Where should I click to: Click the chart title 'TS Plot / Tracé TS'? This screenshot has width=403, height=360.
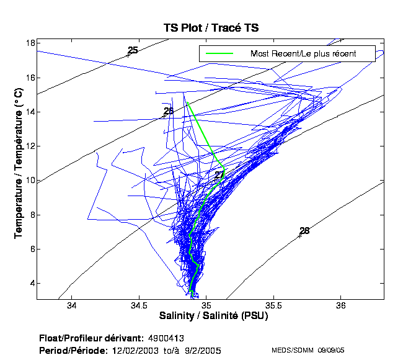pos(211,28)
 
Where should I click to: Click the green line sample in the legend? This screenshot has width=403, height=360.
pos(219,53)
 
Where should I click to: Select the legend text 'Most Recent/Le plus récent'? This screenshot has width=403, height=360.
pos(303,53)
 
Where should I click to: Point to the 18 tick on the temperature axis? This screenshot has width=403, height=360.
pos(30,43)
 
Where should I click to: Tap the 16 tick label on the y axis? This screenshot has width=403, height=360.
pos(30,78)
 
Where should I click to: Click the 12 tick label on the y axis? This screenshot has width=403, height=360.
pos(30,146)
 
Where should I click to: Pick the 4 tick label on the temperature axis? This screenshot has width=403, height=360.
pos(32,284)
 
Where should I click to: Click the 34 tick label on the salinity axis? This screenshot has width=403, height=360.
pos(71,306)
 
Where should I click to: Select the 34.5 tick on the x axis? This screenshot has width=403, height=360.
pos(139,306)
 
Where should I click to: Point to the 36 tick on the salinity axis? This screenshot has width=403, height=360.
pos(341,306)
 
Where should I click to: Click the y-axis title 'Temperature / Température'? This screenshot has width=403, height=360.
pos(19,163)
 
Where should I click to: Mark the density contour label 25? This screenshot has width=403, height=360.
pos(133,50)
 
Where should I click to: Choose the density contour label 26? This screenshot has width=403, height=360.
pos(169,111)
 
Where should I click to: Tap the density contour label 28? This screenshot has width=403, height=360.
pos(304,231)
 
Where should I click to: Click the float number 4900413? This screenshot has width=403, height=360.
pos(167,338)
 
